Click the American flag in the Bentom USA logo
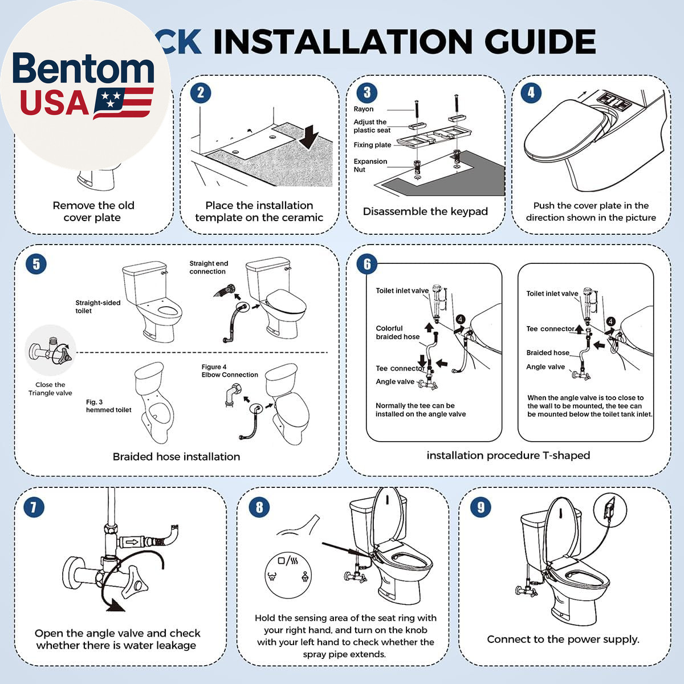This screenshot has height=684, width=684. (x=123, y=103)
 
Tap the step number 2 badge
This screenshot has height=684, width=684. (x=201, y=93)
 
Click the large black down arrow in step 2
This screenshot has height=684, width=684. (x=308, y=137)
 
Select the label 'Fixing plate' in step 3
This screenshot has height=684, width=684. (x=372, y=145)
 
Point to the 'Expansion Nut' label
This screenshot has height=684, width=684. (x=370, y=165)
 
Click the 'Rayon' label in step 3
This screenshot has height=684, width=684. (x=363, y=109)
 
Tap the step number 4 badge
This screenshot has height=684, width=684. (x=531, y=93)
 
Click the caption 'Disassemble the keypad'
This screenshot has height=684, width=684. (x=425, y=211)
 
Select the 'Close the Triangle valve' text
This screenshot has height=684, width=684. (x=50, y=389)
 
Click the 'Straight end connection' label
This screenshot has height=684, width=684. (x=209, y=267)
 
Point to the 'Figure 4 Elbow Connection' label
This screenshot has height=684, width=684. (x=230, y=371)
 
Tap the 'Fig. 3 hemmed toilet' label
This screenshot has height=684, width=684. (x=108, y=406)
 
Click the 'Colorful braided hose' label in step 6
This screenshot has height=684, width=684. (x=397, y=332)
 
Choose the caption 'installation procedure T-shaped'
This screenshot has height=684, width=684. (x=508, y=455)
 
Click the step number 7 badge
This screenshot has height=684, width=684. (x=34, y=507)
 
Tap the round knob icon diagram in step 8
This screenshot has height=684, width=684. (x=288, y=575)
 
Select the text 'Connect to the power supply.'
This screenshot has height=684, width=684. (x=563, y=639)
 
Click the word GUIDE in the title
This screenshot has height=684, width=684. (x=540, y=42)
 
